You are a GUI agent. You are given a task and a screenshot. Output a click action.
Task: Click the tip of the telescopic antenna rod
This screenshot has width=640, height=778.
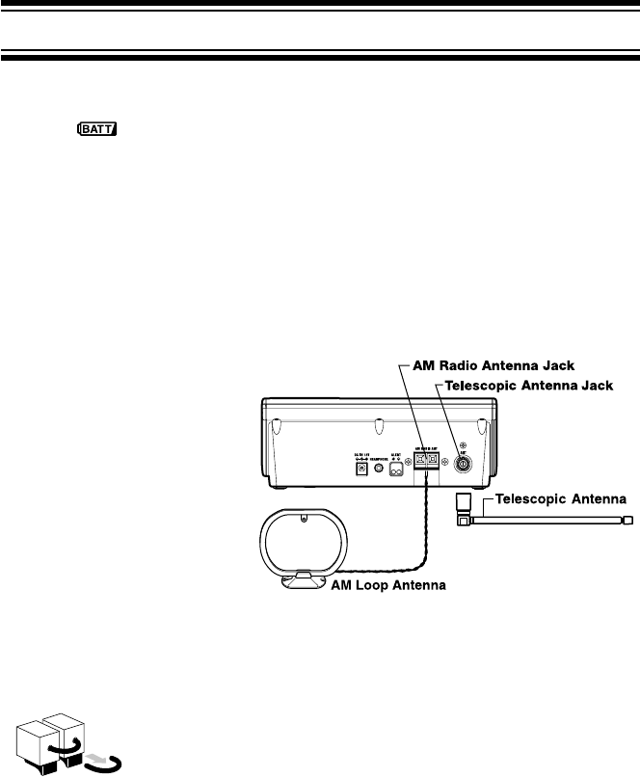[627, 520]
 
